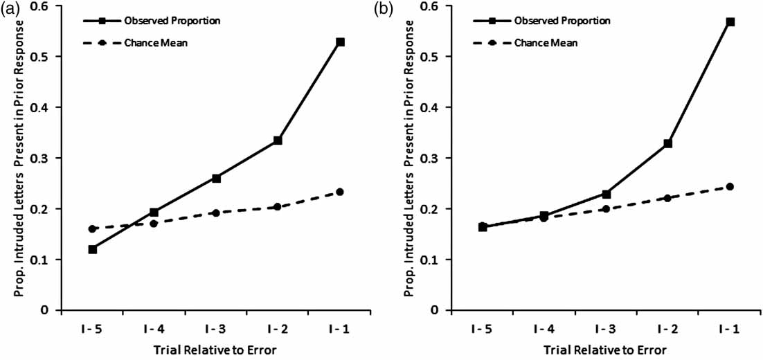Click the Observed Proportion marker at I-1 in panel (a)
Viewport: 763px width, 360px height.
tap(340, 42)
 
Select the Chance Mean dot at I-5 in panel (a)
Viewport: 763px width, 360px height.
tap(93, 228)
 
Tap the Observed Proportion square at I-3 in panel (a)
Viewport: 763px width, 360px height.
tap(217, 178)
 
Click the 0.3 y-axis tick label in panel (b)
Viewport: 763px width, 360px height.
tap(436, 158)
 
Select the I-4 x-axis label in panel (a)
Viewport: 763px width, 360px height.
tap(154, 327)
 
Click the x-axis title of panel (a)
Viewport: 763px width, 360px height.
tap(216, 350)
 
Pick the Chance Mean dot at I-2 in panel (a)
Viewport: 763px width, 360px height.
tap(278, 206)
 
